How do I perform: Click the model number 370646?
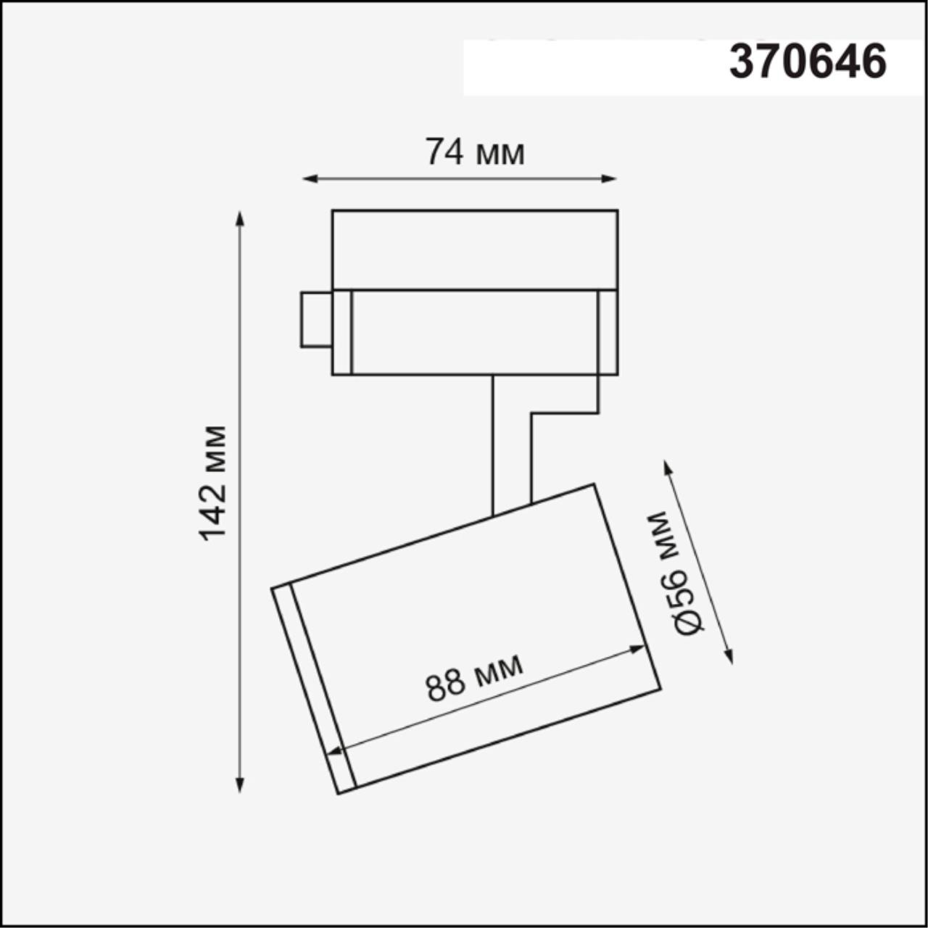pos(808,62)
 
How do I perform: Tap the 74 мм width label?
pos(474,152)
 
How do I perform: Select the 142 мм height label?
pos(213,483)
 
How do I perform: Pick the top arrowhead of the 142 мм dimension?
pos(240,218)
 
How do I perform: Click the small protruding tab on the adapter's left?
pos(316,319)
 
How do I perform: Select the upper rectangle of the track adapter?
pos(475,250)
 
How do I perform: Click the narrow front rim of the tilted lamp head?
pos(314,689)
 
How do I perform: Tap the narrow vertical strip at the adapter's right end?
pos(608,332)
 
